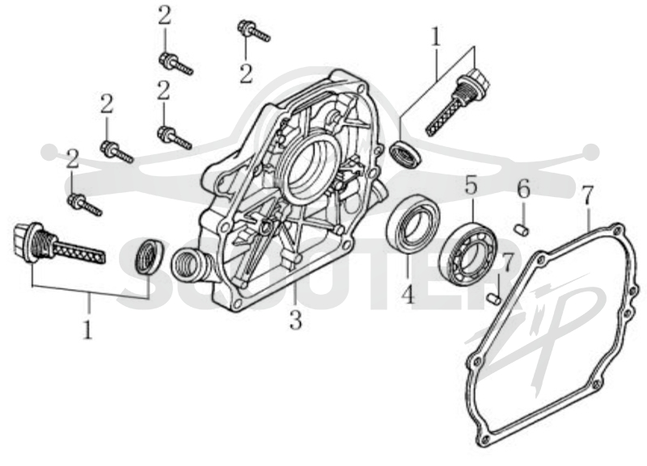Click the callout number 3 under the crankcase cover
(x=295, y=320)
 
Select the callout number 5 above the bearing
(x=472, y=185)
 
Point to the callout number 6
(x=523, y=189)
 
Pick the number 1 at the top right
(x=436, y=37)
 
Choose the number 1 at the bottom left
(x=87, y=330)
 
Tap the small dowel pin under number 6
(x=522, y=230)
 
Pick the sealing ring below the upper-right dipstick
(x=407, y=153)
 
